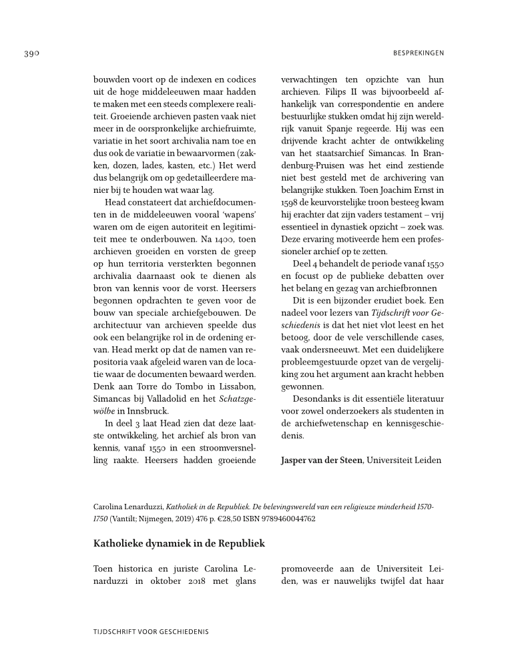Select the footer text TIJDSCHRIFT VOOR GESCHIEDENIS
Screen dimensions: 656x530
click(151, 631)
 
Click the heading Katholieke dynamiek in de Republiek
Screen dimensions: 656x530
click(179, 543)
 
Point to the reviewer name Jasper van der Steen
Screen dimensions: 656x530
click(322, 459)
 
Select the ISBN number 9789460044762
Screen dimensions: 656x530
click(286, 518)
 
